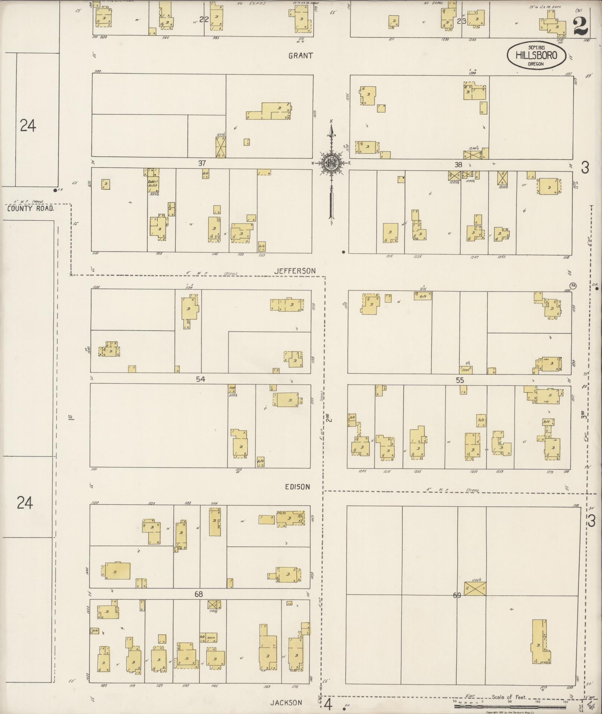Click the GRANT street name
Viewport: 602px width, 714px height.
click(x=300, y=56)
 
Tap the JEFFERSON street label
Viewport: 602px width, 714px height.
click(x=295, y=271)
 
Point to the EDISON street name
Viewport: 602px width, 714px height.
click(x=297, y=487)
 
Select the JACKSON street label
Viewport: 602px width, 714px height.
click(x=286, y=702)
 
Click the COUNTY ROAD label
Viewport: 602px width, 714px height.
click(x=30, y=209)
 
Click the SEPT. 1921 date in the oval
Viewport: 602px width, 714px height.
click(x=536, y=47)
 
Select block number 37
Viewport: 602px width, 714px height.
click(x=202, y=163)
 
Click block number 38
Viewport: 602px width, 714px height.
click(x=458, y=165)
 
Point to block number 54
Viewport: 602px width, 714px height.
click(x=200, y=379)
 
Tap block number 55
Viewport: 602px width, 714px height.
click(x=459, y=380)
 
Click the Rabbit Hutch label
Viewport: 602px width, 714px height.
click(x=153, y=183)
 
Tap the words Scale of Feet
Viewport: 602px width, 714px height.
click(x=509, y=697)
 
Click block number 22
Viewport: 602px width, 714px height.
click(x=203, y=19)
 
